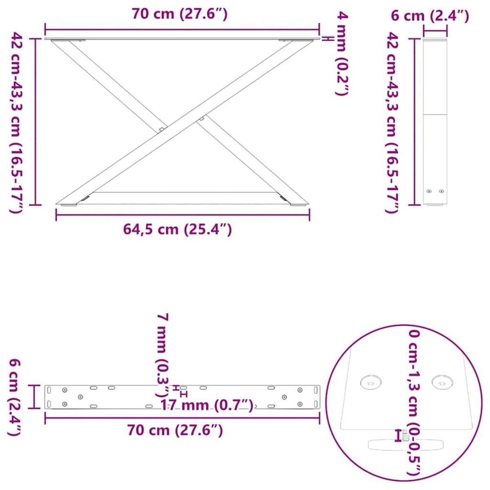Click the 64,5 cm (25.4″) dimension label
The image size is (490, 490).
(x=178, y=229)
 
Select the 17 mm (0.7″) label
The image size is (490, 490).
(x=207, y=405)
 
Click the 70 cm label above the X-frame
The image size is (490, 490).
(x=179, y=14)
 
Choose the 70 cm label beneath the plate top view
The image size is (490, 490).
(x=175, y=430)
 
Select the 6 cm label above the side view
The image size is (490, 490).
(x=430, y=16)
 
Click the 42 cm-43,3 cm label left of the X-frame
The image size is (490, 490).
(x=16, y=122)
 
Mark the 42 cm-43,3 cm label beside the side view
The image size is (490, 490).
(x=392, y=122)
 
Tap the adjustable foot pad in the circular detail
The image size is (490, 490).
(x=406, y=444)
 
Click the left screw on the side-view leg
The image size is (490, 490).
(x=429, y=191)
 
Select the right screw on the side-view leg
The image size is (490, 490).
(x=441, y=191)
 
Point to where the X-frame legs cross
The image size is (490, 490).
(x=180, y=122)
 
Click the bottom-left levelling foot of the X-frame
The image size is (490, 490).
(x=68, y=206)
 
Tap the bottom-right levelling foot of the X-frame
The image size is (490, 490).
(x=297, y=206)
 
